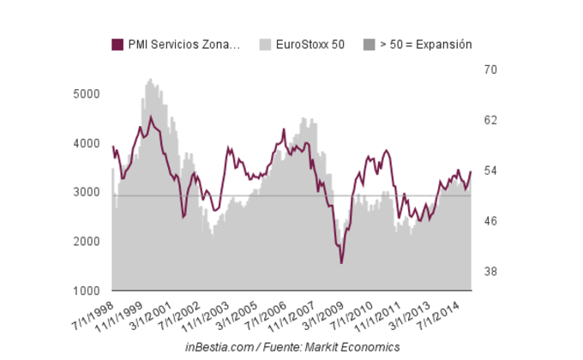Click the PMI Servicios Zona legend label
tap(183, 45)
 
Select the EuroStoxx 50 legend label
tap(310, 45)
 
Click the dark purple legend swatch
tap(117, 45)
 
